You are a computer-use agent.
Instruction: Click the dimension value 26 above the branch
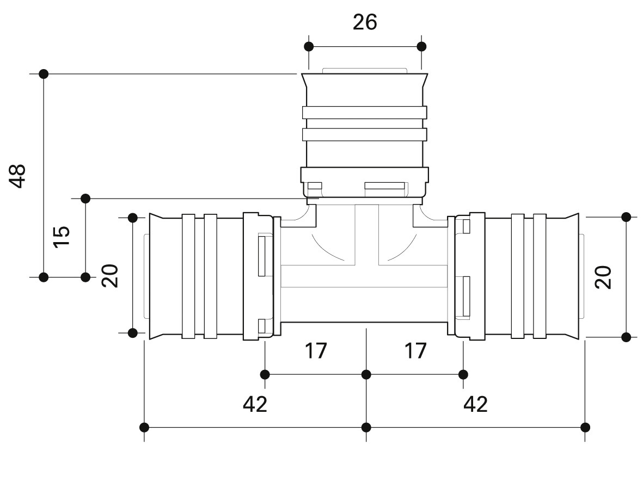click(365, 22)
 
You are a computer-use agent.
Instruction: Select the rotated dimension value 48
click(18, 176)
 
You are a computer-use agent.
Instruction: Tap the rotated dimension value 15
click(62, 237)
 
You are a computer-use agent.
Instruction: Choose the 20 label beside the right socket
click(604, 277)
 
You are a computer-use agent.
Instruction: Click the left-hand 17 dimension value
click(316, 351)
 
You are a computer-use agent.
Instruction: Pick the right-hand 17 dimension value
click(415, 351)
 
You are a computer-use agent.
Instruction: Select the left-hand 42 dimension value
click(255, 404)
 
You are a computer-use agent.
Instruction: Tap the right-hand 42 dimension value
click(475, 404)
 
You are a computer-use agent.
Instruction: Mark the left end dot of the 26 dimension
click(309, 46)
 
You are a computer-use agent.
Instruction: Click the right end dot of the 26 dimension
click(421, 46)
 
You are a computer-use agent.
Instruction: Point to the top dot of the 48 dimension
click(44, 73)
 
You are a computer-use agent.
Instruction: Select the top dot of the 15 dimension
click(85, 197)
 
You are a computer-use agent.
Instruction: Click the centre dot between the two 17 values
click(366, 374)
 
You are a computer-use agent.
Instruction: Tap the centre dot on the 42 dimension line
click(366, 427)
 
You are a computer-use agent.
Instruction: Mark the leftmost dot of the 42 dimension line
click(144, 427)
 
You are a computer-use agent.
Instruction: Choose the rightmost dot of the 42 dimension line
click(585, 427)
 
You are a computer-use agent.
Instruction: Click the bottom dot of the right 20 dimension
click(626, 337)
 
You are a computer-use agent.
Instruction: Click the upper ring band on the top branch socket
click(365, 113)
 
